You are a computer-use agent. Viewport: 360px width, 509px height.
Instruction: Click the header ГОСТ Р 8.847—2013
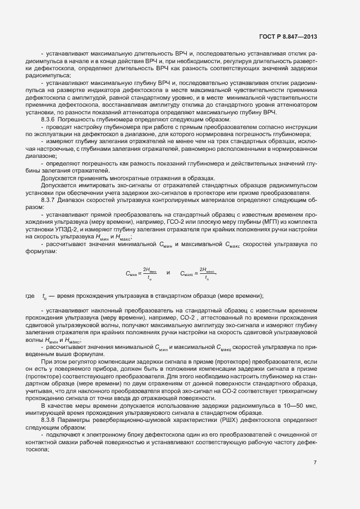[x=289, y=37]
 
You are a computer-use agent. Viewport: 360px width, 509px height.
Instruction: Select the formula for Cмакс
[x=198, y=272]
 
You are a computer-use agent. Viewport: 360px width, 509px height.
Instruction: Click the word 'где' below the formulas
[x=29, y=296]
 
